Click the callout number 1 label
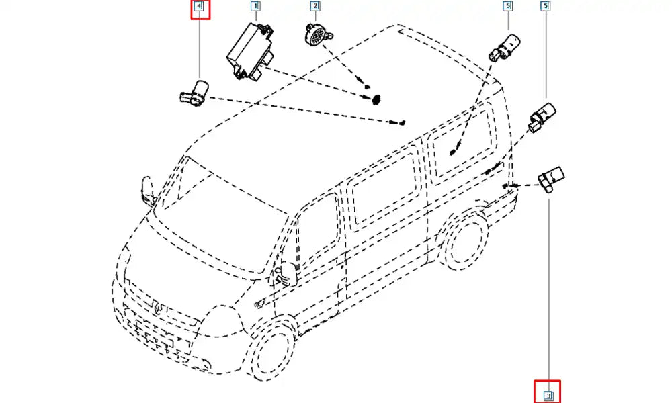point(255,6)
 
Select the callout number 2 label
point(315,6)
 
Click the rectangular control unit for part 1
point(250,52)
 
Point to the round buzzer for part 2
point(318,35)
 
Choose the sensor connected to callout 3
point(551,180)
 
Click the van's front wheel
point(274,350)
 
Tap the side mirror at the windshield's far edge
point(149,191)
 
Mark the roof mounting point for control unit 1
point(376,99)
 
